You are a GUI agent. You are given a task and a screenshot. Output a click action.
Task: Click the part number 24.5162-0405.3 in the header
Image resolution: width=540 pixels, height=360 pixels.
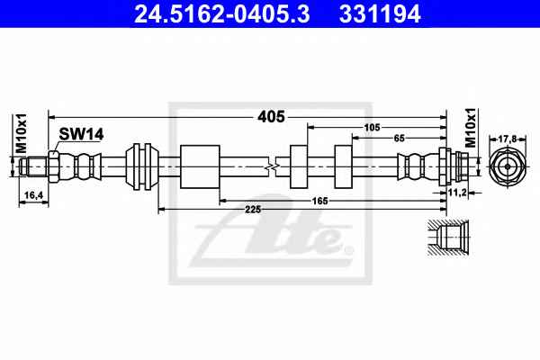(222, 13)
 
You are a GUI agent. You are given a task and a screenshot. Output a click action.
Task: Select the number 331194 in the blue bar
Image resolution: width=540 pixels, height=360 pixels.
(380, 13)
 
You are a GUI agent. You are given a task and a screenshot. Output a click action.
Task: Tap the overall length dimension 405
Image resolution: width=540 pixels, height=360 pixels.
(272, 117)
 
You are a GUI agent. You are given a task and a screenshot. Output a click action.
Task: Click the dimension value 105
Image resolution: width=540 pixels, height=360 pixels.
(372, 128)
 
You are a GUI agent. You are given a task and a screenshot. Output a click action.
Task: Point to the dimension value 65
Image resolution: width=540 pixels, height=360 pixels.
(399, 138)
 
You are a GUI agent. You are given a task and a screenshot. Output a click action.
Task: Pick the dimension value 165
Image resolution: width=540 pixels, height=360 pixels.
(319, 201)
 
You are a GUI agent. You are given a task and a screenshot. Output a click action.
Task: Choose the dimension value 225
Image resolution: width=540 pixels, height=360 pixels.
(253, 209)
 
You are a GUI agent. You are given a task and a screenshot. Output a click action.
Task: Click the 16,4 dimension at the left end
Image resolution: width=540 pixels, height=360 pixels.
(33, 195)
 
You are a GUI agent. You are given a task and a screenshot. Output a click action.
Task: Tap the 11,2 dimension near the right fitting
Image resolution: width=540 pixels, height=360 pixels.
(457, 193)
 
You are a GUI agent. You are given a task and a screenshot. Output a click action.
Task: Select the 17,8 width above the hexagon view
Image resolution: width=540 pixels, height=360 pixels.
(508, 139)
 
